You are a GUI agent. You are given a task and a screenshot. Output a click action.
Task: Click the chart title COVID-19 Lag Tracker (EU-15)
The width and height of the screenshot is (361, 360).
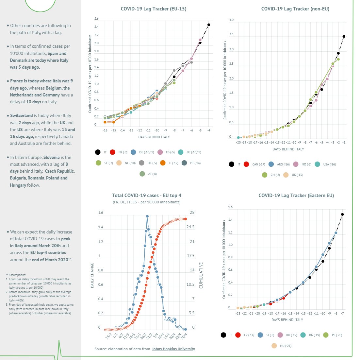[154, 9]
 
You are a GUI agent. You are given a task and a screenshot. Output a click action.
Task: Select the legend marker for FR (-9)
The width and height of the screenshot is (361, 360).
[112, 152]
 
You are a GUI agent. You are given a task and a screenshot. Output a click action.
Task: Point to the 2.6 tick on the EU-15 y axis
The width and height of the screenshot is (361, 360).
[96, 19]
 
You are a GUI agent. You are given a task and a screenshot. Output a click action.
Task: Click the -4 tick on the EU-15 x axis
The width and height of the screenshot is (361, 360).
[208, 130]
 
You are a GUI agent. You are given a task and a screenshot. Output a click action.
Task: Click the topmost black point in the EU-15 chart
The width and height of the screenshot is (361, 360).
[209, 25]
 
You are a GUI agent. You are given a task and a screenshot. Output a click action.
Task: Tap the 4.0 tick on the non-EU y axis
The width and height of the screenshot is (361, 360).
[231, 20]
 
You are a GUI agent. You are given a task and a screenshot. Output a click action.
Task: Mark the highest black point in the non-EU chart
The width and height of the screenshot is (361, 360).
[344, 37]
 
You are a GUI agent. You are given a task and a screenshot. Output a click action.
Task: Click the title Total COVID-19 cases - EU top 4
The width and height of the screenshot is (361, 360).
[147, 196]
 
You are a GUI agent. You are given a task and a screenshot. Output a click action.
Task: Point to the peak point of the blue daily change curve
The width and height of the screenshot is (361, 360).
[147, 216]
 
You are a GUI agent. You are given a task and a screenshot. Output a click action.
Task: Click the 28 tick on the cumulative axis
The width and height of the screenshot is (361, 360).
[192, 213]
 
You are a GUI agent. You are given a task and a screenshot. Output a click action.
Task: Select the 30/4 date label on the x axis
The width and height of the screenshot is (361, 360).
[184, 335]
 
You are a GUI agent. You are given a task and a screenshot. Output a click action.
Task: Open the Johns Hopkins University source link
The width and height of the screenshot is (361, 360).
[173, 349]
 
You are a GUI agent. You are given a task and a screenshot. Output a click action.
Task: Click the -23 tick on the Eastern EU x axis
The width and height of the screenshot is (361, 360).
[238, 314]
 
